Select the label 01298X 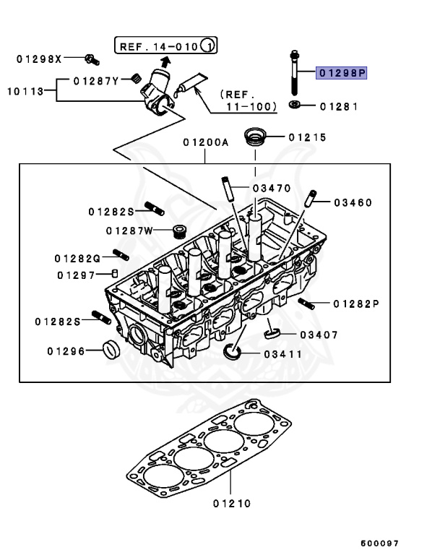[x=39, y=57]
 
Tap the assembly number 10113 [x=23, y=91]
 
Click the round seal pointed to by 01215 [x=254, y=137]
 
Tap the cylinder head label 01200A [x=205, y=142]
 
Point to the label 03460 [x=353, y=202]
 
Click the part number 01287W [x=129, y=231]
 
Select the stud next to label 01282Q [x=121, y=254]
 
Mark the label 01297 [x=76, y=275]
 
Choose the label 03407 [x=319, y=335]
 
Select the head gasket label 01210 [x=232, y=503]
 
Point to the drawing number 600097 [x=380, y=543]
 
